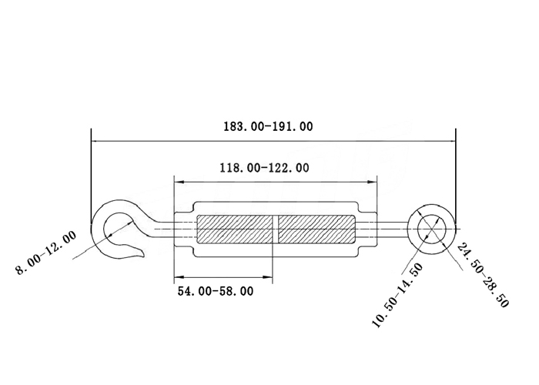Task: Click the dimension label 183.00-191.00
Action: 268,126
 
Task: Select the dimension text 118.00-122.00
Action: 264,168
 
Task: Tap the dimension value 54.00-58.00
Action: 216,291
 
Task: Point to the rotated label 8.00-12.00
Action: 45,253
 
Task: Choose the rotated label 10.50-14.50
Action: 397,296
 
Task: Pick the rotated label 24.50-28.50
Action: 483,275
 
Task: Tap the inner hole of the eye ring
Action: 432,229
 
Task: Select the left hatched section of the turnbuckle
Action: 235,229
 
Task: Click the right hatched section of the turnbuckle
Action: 317,229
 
